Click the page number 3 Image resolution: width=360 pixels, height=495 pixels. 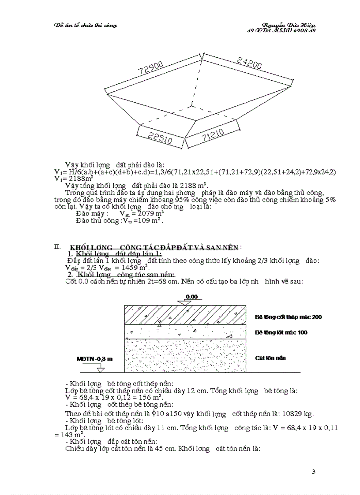pyautogui.click(x=313, y=472)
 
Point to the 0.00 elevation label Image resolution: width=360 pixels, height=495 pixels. pyautogui.click(x=191, y=297)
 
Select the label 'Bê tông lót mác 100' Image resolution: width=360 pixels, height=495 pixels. pyautogui.click(x=281, y=332)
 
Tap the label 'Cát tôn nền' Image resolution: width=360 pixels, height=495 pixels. pyautogui.click(x=270, y=358)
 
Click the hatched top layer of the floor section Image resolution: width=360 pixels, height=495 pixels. pyautogui.click(x=185, y=314)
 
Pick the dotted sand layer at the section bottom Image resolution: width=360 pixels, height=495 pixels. pyautogui.click(x=185, y=355)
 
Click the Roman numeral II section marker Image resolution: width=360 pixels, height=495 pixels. pyautogui.click(x=57, y=246)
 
